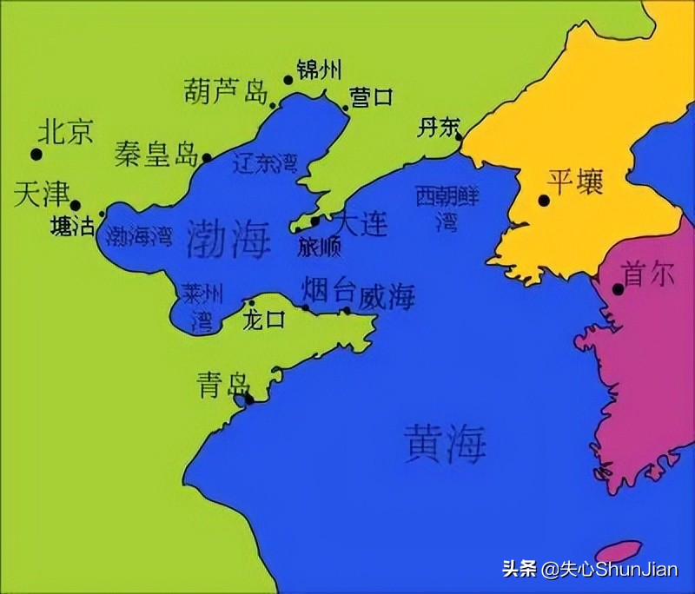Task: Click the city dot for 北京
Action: pos(36,155)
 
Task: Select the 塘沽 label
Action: pos(73,227)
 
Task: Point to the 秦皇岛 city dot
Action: pos(207,158)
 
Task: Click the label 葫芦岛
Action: pos(225,91)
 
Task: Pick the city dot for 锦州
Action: pos(288,80)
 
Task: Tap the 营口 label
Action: pos(371,96)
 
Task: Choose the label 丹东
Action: pos(438,128)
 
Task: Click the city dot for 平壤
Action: pos(544,201)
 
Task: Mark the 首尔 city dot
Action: pos(619,288)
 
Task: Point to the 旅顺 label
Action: pos(319,247)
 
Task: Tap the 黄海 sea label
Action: pos(445,442)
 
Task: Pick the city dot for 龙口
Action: pos(252,304)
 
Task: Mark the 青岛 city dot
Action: pos(249,399)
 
